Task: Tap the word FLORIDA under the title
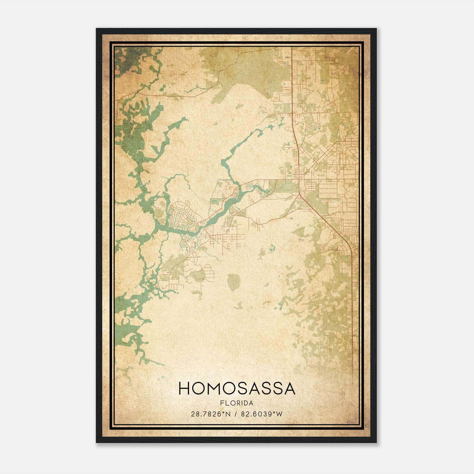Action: tap(237, 403)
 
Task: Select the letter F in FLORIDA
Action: tap(222, 403)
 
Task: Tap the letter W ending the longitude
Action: tap(279, 414)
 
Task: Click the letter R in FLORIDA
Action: tap(238, 403)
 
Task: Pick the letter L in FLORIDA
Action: tap(227, 403)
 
